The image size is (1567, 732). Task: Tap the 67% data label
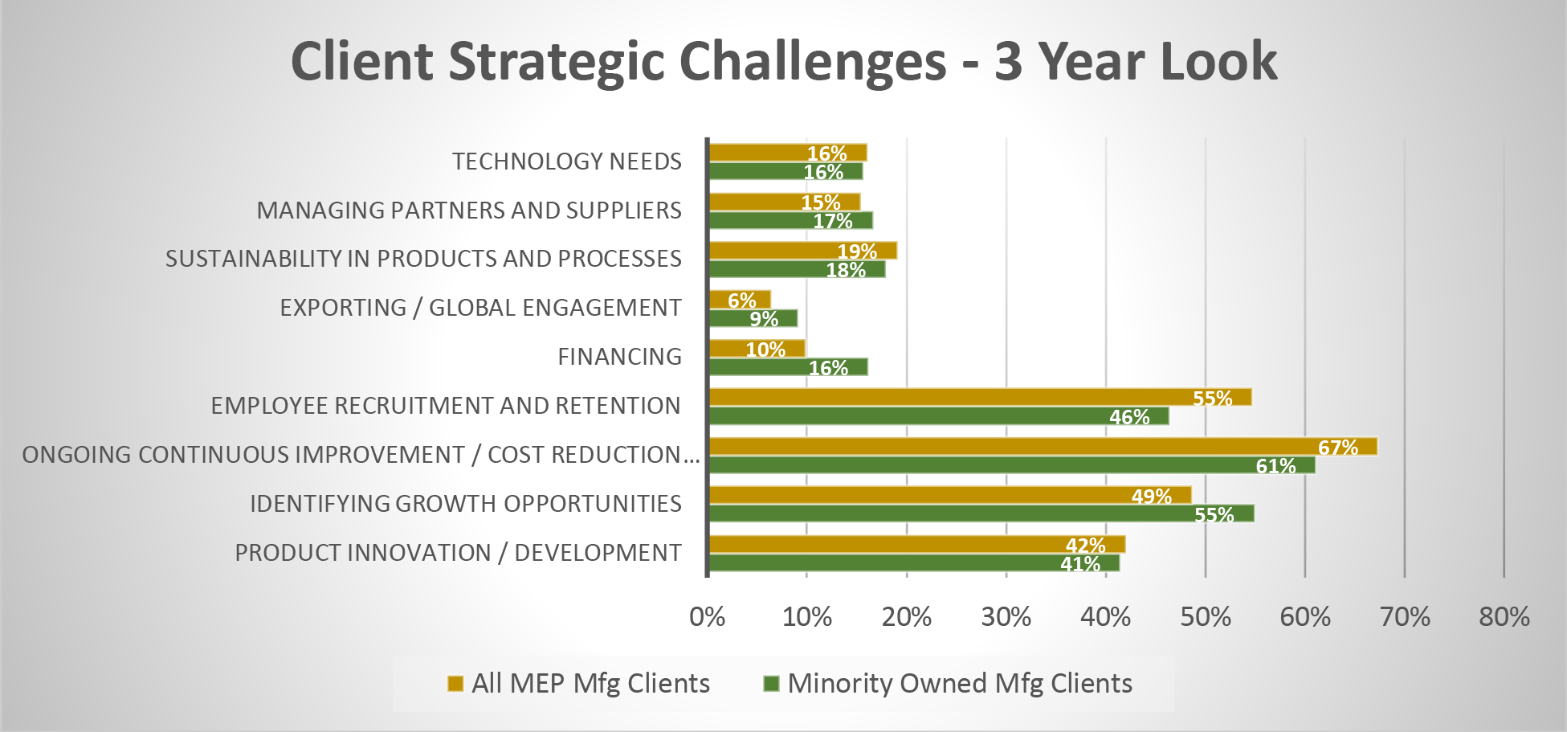click(x=1337, y=448)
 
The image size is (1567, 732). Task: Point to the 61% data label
click(x=1275, y=466)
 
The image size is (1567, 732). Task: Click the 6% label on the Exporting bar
click(x=741, y=301)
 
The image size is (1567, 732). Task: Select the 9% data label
click(x=764, y=319)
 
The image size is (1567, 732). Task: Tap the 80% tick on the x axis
click(x=1504, y=617)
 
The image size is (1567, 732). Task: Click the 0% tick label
click(x=708, y=617)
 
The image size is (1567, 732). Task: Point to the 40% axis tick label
click(x=1105, y=617)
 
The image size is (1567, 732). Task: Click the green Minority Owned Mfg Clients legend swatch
click(x=772, y=684)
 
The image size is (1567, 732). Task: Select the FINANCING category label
click(x=619, y=357)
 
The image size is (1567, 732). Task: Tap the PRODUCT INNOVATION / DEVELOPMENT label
click(x=458, y=553)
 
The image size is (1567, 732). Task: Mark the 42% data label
click(x=1085, y=546)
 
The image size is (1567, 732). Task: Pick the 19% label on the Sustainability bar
click(x=857, y=251)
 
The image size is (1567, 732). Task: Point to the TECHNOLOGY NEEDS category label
click(x=566, y=162)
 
